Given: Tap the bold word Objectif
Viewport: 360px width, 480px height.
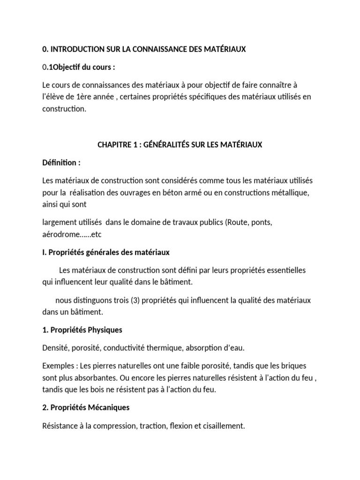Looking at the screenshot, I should [67, 67].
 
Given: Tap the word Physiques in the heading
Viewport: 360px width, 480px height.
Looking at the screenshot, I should [102, 330].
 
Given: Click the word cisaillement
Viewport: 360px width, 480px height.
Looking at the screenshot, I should [224, 425].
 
